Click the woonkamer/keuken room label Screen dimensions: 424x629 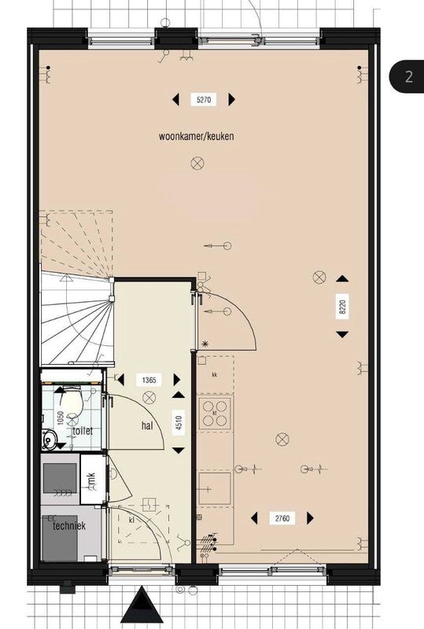point(197,136)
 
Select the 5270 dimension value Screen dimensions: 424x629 point(204,100)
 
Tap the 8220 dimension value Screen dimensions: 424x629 point(342,307)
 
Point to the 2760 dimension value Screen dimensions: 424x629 point(282,518)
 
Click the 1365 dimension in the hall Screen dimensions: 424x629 point(149,380)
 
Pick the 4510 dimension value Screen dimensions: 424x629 point(179,423)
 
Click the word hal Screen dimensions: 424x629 point(147,425)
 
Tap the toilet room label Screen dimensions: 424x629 point(83,431)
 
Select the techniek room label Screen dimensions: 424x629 point(69,525)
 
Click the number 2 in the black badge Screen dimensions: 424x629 point(409,76)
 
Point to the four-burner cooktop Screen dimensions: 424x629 point(215,414)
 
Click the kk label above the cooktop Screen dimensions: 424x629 point(215,375)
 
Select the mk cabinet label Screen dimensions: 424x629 point(91,480)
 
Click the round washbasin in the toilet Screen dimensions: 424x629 point(50,440)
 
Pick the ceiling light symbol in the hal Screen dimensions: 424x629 point(149,398)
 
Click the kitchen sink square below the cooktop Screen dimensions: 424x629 point(215,488)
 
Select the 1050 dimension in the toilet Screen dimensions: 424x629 point(61,418)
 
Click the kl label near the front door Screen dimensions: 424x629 point(131,520)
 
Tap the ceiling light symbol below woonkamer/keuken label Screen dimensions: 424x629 point(197,164)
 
